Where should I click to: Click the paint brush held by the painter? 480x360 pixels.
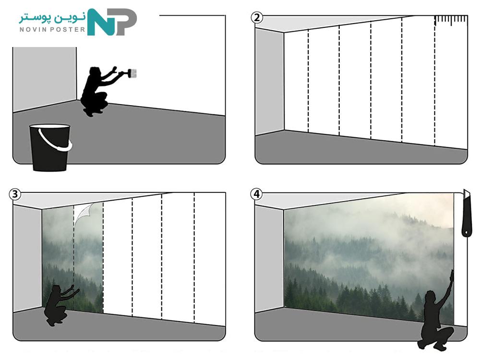129,73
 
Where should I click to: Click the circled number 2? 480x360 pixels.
257,17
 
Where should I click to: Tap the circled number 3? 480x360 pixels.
15,194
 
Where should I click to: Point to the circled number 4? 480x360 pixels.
256,194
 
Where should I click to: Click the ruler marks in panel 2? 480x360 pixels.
451,20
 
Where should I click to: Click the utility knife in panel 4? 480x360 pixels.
466,214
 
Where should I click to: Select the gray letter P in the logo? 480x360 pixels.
125,22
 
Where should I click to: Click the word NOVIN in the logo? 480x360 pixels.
33,29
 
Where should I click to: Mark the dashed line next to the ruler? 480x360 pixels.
435,81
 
